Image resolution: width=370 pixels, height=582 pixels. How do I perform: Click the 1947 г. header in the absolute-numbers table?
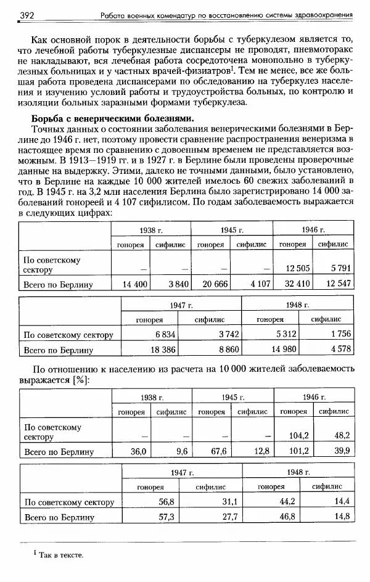(x=182, y=305)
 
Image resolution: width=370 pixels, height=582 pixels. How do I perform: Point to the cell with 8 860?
(x=224, y=350)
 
